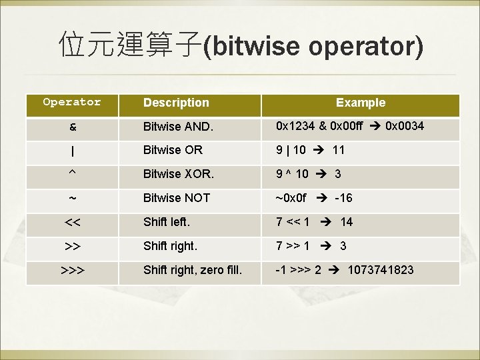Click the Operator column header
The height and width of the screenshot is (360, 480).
(x=72, y=102)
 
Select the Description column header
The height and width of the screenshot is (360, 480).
(x=176, y=103)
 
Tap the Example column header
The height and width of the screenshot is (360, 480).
(x=360, y=103)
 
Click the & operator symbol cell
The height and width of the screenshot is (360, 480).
(x=72, y=127)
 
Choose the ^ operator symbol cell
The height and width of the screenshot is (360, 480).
(x=72, y=175)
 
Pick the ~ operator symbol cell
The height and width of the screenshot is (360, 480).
(x=72, y=199)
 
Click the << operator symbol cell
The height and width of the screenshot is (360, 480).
(x=72, y=223)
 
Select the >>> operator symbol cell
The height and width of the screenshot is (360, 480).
(x=72, y=271)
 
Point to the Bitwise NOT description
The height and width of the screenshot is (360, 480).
(x=177, y=198)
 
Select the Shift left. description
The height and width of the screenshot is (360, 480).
(x=167, y=222)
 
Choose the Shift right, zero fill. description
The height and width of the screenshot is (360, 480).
(x=193, y=270)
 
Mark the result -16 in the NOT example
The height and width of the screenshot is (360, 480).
(x=343, y=198)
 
